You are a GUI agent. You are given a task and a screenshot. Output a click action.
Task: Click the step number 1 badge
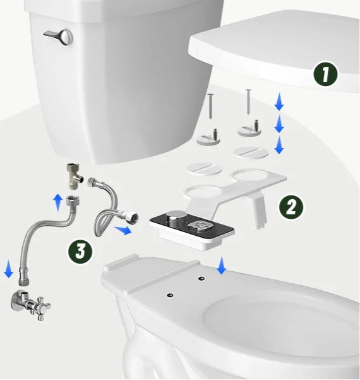325,74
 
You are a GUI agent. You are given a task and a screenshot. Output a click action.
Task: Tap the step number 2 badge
291,207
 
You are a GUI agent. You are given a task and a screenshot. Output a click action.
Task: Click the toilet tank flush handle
59,36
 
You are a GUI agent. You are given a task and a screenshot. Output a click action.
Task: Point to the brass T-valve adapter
74,176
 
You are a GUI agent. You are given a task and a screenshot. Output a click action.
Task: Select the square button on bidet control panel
200,225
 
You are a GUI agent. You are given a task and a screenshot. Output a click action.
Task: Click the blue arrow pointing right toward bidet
123,230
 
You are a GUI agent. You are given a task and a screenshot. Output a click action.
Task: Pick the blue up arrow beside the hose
58,202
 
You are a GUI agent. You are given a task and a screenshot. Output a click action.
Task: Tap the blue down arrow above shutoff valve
9,269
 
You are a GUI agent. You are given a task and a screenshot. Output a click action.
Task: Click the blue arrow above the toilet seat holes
221,266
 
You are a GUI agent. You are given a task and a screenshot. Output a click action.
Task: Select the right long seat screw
248,102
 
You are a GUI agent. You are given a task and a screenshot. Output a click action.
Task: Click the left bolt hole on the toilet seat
170,295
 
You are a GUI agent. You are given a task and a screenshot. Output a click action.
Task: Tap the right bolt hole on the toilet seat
201,279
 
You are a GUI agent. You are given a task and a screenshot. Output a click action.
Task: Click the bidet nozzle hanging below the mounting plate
258,211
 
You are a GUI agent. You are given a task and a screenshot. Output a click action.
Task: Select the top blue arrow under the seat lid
279,102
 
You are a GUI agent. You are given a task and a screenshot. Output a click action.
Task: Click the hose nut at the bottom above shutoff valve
24,277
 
